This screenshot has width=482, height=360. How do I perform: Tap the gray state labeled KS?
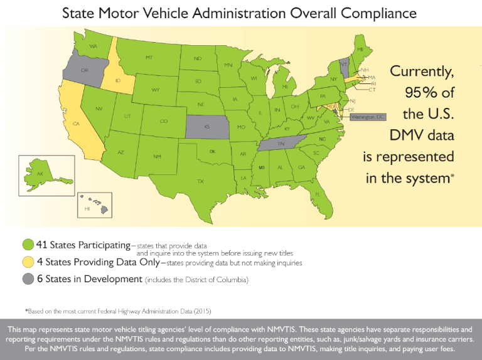click(206, 126)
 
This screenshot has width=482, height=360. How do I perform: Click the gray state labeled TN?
click(281, 144)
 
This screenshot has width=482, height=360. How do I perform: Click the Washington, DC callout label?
click(367, 117)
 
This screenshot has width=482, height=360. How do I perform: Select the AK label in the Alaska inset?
click(40, 174)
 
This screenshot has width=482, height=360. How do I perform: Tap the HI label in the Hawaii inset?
click(87, 208)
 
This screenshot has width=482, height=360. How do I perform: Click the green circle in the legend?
click(28, 245)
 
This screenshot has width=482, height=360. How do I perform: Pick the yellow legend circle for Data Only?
click(28, 262)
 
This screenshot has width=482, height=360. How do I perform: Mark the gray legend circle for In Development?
click(28, 279)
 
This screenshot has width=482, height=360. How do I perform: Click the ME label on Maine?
click(360, 50)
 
